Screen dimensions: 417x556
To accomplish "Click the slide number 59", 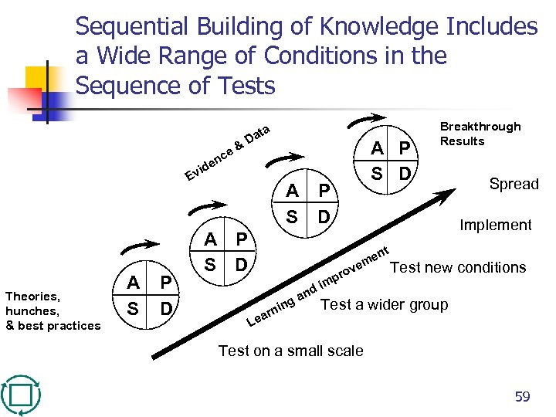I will tap(523, 397).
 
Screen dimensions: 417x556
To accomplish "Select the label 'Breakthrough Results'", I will tap(480, 134).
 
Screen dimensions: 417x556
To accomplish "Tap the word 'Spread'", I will tap(514, 184).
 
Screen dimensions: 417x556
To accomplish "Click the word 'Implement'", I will tap(495, 225).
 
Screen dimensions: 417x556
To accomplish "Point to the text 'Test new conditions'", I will tap(458, 267).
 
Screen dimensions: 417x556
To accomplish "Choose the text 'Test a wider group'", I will tap(384, 304).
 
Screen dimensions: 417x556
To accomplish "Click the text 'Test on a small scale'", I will tap(290, 351).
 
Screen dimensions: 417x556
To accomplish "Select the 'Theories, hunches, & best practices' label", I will tap(53, 310).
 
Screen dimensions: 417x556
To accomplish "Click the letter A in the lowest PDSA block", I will tap(134, 284).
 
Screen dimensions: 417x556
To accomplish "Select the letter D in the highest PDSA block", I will tap(405, 172).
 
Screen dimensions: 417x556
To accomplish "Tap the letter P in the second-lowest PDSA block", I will tap(241, 240).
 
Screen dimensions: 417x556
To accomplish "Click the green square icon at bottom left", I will tap(21, 396).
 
